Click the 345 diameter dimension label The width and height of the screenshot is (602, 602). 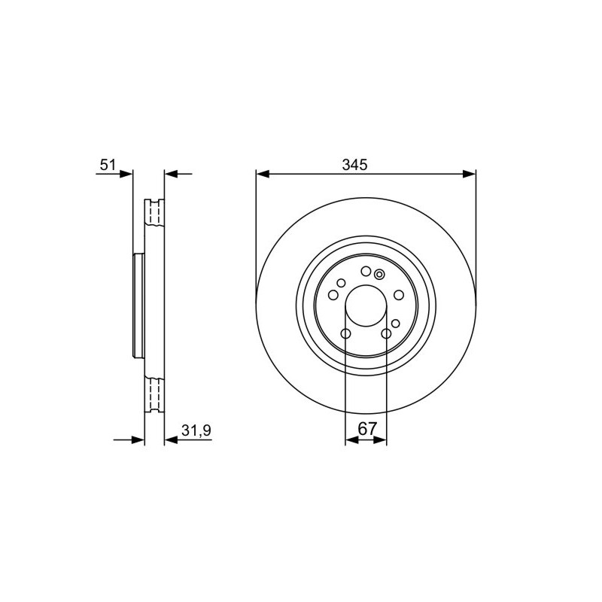pyautogui.click(x=354, y=165)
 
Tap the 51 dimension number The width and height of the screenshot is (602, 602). pyautogui.click(x=108, y=165)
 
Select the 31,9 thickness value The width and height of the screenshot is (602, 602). pyautogui.click(x=196, y=430)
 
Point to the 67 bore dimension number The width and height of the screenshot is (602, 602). pyautogui.click(x=367, y=428)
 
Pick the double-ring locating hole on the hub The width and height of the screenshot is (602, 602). pyautogui.click(x=379, y=274)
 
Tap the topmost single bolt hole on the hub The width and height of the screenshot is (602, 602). pyautogui.click(x=366, y=272)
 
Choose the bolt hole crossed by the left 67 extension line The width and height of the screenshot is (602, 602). pyautogui.click(x=345, y=333)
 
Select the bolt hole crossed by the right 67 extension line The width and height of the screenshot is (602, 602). pyautogui.click(x=386, y=333)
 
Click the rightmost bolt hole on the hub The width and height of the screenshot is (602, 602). pyautogui.click(x=399, y=295)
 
